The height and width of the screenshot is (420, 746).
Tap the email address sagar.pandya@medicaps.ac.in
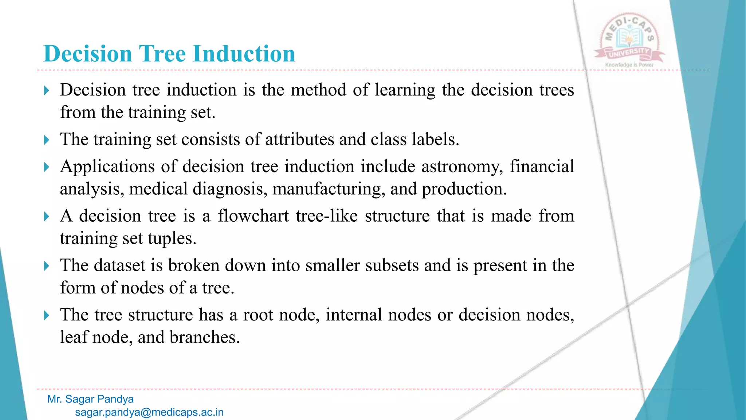[x=149, y=412]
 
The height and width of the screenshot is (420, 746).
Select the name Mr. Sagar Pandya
[x=90, y=399]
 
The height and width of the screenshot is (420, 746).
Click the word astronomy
[x=462, y=167]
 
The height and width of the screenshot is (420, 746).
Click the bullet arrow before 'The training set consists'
[x=46, y=140]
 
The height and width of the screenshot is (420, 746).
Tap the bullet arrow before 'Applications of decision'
[x=46, y=167]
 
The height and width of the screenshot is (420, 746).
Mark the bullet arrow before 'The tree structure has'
[x=46, y=315]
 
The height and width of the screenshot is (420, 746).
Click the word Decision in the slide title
[x=87, y=54]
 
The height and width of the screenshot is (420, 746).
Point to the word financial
[x=542, y=167]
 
